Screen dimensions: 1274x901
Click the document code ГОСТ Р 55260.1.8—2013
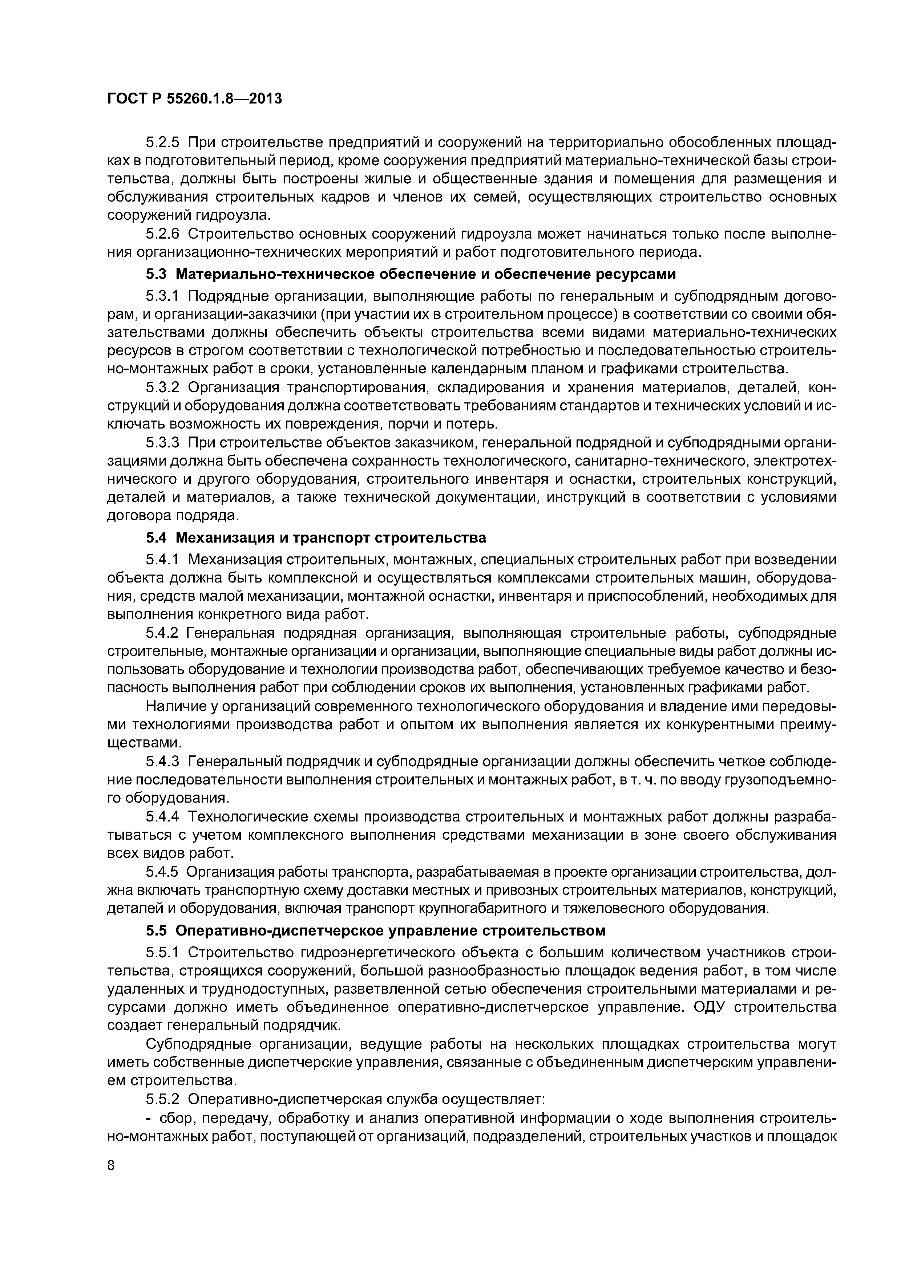(194, 99)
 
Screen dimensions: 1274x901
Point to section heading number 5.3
(157, 274)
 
